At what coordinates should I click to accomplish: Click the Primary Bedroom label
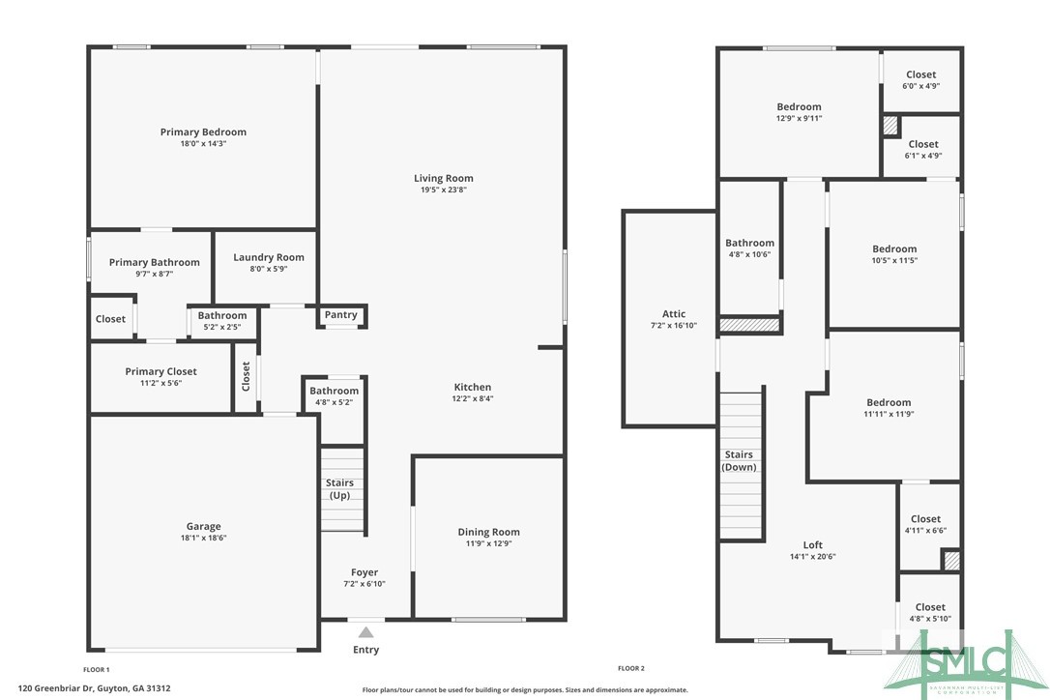pyautogui.click(x=203, y=131)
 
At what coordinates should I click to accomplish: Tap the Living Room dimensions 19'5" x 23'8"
pyautogui.click(x=444, y=190)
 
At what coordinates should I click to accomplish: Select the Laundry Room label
pyautogui.click(x=269, y=257)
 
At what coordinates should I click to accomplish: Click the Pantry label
pyautogui.click(x=341, y=314)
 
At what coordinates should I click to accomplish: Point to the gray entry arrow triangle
pyautogui.click(x=365, y=632)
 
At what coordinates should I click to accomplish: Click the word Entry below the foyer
pyautogui.click(x=365, y=650)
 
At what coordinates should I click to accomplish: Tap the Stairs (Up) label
pyautogui.click(x=340, y=488)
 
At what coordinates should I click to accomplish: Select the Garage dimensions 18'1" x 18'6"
pyautogui.click(x=203, y=539)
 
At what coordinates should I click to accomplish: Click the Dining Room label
pyautogui.click(x=488, y=532)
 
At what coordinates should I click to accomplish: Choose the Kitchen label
pyautogui.click(x=473, y=387)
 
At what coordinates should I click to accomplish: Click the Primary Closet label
pyautogui.click(x=160, y=371)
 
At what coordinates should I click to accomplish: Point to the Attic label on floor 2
pyautogui.click(x=674, y=313)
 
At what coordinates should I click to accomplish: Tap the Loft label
pyautogui.click(x=813, y=544)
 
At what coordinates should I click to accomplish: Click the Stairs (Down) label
pyautogui.click(x=740, y=460)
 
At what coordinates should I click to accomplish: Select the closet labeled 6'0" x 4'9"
pyautogui.click(x=921, y=80)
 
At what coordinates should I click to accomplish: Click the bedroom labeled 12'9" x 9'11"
pyautogui.click(x=799, y=112)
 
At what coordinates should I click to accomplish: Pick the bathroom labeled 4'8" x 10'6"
pyautogui.click(x=749, y=248)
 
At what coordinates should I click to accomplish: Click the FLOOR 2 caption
pyautogui.click(x=631, y=669)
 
